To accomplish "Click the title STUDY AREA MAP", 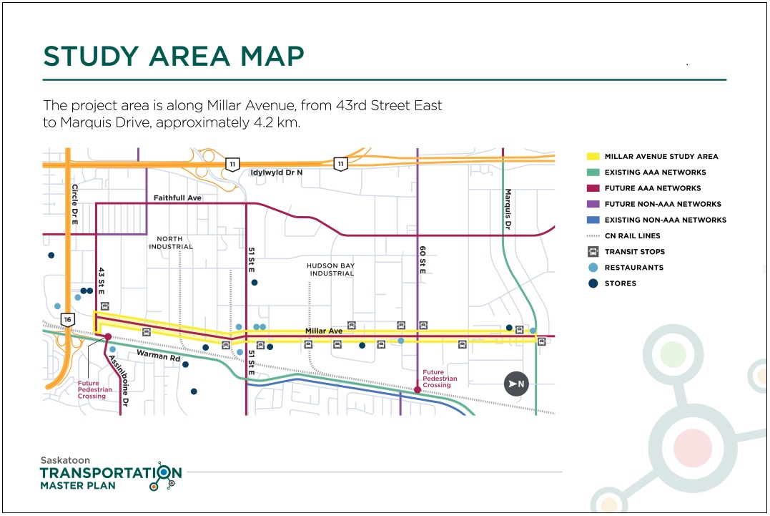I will [x=174, y=56].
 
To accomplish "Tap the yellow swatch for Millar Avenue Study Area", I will [x=593, y=156].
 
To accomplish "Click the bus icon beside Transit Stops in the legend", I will [x=593, y=252].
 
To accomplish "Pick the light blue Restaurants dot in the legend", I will [x=593, y=268].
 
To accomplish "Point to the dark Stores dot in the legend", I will [x=593, y=283].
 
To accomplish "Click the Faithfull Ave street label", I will [x=177, y=198].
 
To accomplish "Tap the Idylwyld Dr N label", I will [x=276, y=173].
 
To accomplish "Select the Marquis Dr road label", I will [x=508, y=209].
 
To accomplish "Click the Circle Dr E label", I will [x=74, y=205].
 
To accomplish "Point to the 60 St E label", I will [x=423, y=261].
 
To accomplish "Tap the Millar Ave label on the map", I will [x=324, y=331].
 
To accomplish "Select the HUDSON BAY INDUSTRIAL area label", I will [x=330, y=270].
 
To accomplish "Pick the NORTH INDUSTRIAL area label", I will [x=171, y=243].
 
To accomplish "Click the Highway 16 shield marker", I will [x=68, y=319].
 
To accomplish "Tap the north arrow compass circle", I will [x=517, y=384].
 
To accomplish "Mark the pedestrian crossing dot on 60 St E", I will [x=418, y=390].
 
